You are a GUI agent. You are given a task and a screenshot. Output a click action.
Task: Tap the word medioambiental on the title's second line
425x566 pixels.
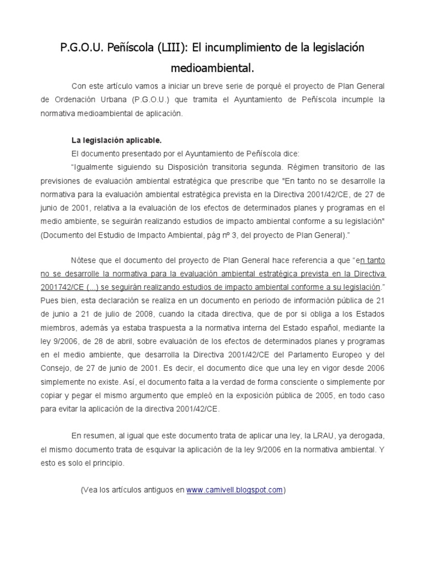pos(212,67)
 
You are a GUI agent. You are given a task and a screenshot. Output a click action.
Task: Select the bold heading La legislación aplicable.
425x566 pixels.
pos(116,140)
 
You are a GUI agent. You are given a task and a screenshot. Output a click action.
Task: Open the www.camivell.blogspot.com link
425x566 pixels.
pos(235,490)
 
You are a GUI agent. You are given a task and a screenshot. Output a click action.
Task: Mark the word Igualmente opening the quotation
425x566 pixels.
pos(94,167)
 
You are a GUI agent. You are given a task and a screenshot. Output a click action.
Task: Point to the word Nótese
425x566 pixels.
pos(83,260)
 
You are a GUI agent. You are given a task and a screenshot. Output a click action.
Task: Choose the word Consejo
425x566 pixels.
pos(56,368)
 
